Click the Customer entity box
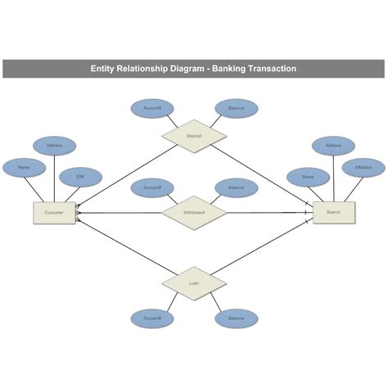point(54,213)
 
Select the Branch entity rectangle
point(334,213)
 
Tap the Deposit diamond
point(194,135)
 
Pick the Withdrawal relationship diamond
point(194,213)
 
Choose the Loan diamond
point(194,283)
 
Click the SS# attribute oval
point(80,176)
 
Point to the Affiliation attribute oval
point(363,168)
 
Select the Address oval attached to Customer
point(54,146)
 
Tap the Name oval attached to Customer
point(25,168)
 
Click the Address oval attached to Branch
point(334,146)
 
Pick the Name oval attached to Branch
point(308,176)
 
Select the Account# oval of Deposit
point(151,107)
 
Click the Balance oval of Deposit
point(237,107)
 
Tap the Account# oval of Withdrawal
point(151,187)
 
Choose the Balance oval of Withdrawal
point(237,187)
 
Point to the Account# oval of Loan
point(151,318)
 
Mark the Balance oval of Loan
point(237,318)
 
